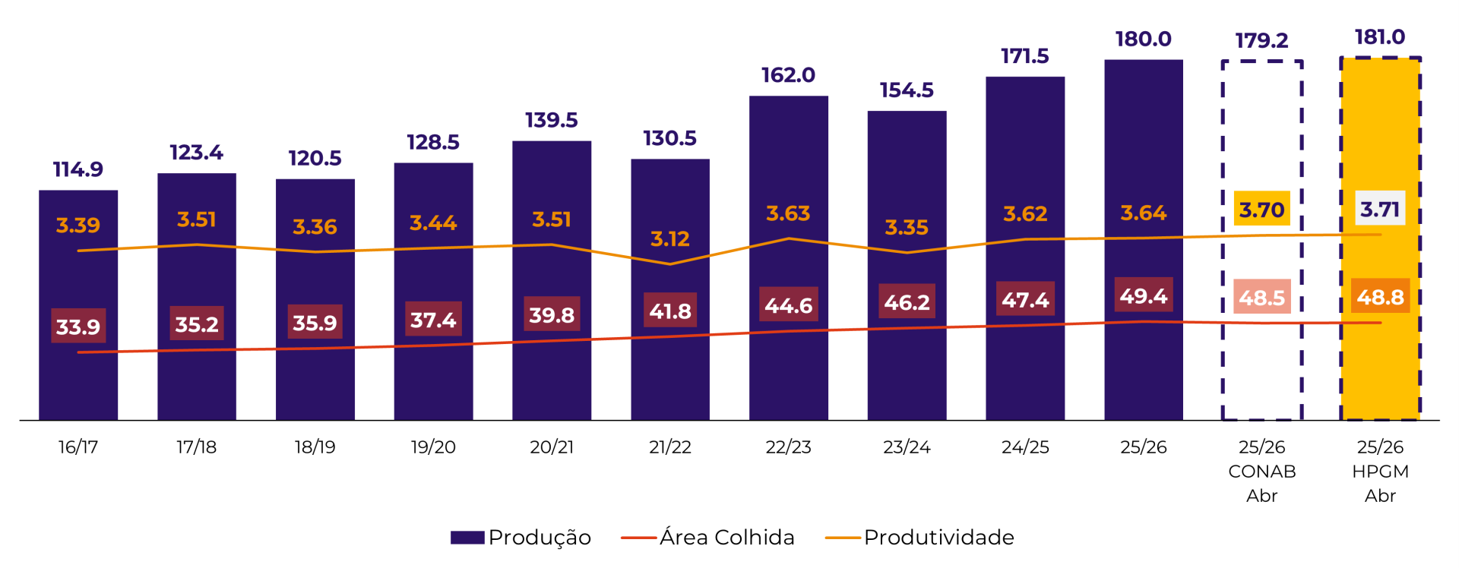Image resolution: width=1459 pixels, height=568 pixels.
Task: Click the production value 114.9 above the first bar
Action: [x=78, y=169]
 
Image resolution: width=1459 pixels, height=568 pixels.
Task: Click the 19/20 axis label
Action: [x=433, y=447]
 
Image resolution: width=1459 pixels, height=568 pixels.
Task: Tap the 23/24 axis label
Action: [x=907, y=447]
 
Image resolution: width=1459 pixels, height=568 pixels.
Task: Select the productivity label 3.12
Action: [x=669, y=239]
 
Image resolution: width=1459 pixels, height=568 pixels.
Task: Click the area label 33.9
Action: [x=78, y=327]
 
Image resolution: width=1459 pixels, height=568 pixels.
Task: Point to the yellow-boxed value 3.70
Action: [x=1261, y=210]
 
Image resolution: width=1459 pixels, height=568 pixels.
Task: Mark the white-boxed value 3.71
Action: [x=1380, y=209]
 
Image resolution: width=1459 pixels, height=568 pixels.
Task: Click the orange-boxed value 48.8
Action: [x=1380, y=296]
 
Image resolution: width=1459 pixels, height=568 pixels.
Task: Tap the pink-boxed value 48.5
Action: [x=1261, y=297]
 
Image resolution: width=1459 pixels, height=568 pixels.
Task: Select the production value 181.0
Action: [x=1380, y=37]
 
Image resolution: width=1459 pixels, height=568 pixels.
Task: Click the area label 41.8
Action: [x=669, y=311]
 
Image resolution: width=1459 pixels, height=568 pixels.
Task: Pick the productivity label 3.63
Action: [x=788, y=213]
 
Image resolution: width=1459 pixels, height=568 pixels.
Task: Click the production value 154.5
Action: [x=907, y=90]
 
